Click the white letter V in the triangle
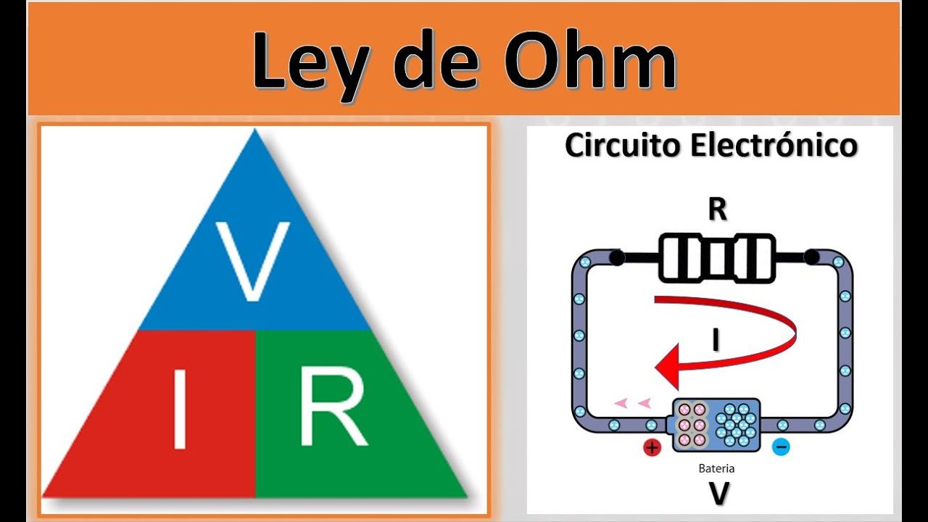pyautogui.click(x=253, y=261)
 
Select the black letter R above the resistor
pyautogui.click(x=716, y=210)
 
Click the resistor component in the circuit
pyautogui.click(x=716, y=257)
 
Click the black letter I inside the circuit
pyautogui.click(x=716, y=340)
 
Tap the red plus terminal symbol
pyautogui.click(x=652, y=448)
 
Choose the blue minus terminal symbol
pyautogui.click(x=781, y=447)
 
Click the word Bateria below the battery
pyautogui.click(x=716, y=468)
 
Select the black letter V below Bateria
pyautogui.click(x=718, y=493)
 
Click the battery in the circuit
pyautogui.click(x=716, y=424)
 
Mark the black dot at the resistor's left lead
pyautogui.click(x=616, y=257)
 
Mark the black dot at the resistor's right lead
pyautogui.click(x=811, y=257)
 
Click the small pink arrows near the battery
pyautogui.click(x=632, y=403)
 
